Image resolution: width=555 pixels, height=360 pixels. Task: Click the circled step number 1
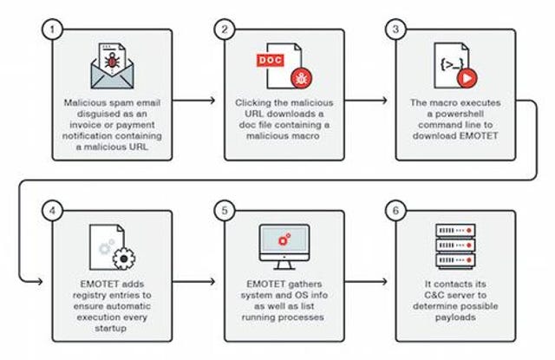52,29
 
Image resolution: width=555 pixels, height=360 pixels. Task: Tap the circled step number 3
395,29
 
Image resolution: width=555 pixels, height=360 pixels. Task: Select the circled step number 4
52,211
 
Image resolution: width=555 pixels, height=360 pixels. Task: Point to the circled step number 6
395,211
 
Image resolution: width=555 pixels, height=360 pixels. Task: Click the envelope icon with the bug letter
112,66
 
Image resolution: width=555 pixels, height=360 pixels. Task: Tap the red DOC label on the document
271,60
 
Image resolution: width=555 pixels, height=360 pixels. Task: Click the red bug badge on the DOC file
302,78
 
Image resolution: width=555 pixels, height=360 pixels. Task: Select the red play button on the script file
467,78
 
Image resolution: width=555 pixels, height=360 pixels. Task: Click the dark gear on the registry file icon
124,259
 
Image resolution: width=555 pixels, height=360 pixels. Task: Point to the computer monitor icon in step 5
284,247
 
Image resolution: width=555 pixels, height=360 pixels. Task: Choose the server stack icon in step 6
455,246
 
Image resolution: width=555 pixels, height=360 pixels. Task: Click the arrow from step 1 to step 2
193,101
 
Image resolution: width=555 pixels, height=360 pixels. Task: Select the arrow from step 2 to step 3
366,101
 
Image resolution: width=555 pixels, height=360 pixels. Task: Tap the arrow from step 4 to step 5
193,282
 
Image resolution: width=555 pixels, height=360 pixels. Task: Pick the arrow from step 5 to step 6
366,282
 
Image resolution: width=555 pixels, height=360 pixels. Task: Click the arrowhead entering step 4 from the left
40,282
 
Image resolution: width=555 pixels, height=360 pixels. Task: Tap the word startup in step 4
111,329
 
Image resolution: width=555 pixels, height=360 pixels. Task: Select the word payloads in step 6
455,317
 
